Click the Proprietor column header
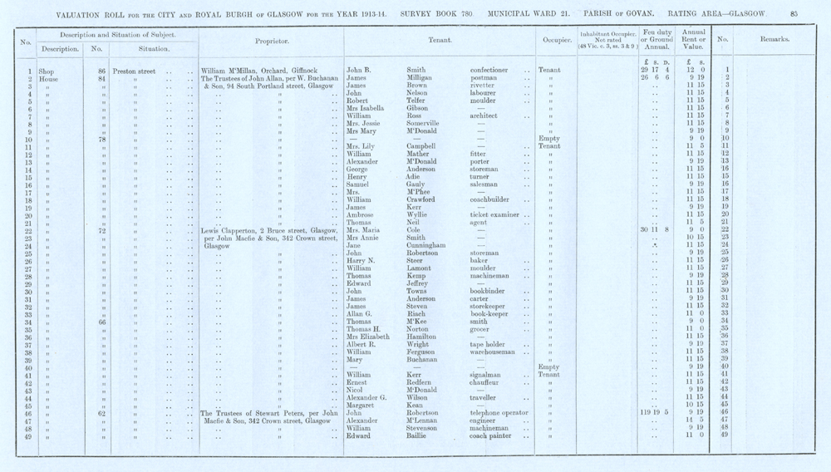(271, 40)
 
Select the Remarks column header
(774, 40)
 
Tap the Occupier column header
(556, 40)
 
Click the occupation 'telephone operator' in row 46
(499, 411)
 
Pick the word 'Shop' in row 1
(47, 71)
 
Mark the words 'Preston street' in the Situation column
(135, 71)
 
